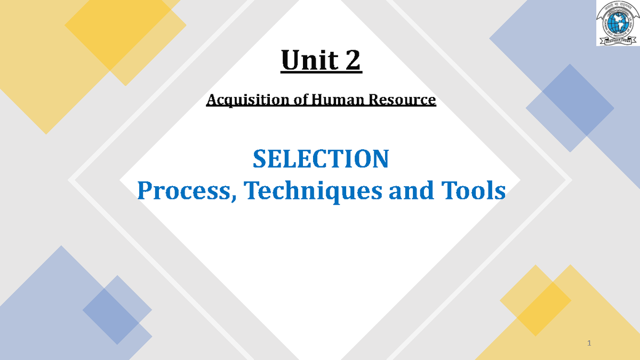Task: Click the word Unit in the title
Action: tap(309, 61)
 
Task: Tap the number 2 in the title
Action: tap(352, 61)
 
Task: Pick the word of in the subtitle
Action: tap(298, 100)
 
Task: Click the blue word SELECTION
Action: tap(321, 159)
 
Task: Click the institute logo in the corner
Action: tap(617, 23)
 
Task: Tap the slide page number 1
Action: tap(589, 342)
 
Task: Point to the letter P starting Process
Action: tap(144, 191)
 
